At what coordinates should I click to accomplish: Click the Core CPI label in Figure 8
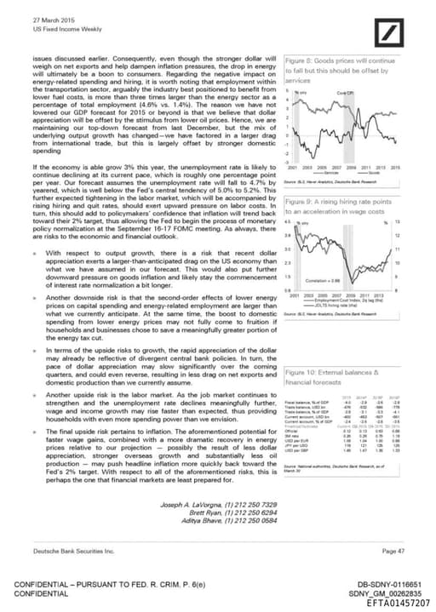tap(344, 92)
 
